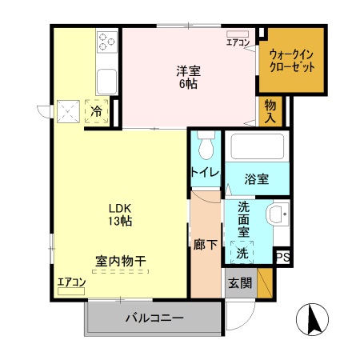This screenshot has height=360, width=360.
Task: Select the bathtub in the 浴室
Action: [256, 147]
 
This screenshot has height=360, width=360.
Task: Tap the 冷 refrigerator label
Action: [96, 112]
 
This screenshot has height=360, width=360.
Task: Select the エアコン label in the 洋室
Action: [238, 42]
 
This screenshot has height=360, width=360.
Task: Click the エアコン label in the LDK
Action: [70, 282]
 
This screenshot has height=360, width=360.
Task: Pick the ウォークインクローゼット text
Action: [292, 61]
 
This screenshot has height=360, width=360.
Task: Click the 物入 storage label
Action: [270, 111]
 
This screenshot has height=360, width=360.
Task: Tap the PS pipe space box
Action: [282, 256]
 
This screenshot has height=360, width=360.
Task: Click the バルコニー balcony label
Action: [154, 318]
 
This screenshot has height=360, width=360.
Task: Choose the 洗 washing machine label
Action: [242, 254]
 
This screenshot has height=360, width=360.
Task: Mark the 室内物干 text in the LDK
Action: [120, 261]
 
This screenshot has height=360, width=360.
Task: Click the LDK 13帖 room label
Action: [120, 214]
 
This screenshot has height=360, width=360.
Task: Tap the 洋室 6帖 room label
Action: [188, 76]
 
